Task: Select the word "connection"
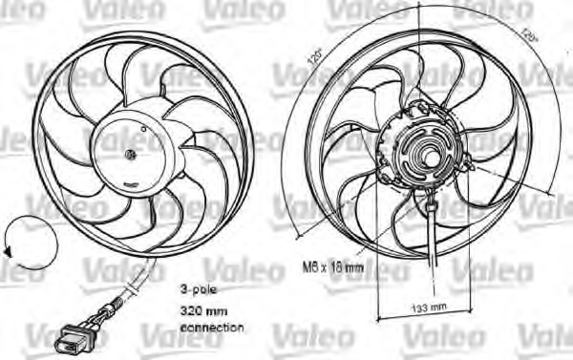pos(211,328)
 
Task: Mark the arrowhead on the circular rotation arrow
pos(8,250)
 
